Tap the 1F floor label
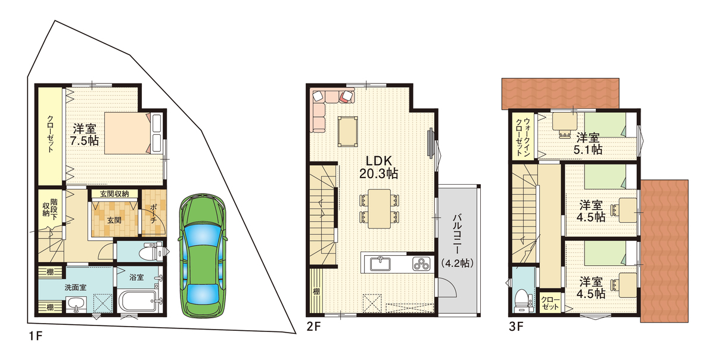[35, 336]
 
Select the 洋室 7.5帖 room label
[84, 135]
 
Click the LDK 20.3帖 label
[378, 167]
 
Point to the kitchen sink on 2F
[380, 264]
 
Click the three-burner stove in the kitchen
[421, 264]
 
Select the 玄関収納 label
[114, 194]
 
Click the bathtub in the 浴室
[138, 301]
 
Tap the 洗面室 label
[75, 287]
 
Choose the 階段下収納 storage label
[50, 209]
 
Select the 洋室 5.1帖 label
[587, 144]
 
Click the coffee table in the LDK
[347, 132]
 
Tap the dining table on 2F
[379, 209]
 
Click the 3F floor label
[516, 327]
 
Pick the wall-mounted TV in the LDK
[431, 143]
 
